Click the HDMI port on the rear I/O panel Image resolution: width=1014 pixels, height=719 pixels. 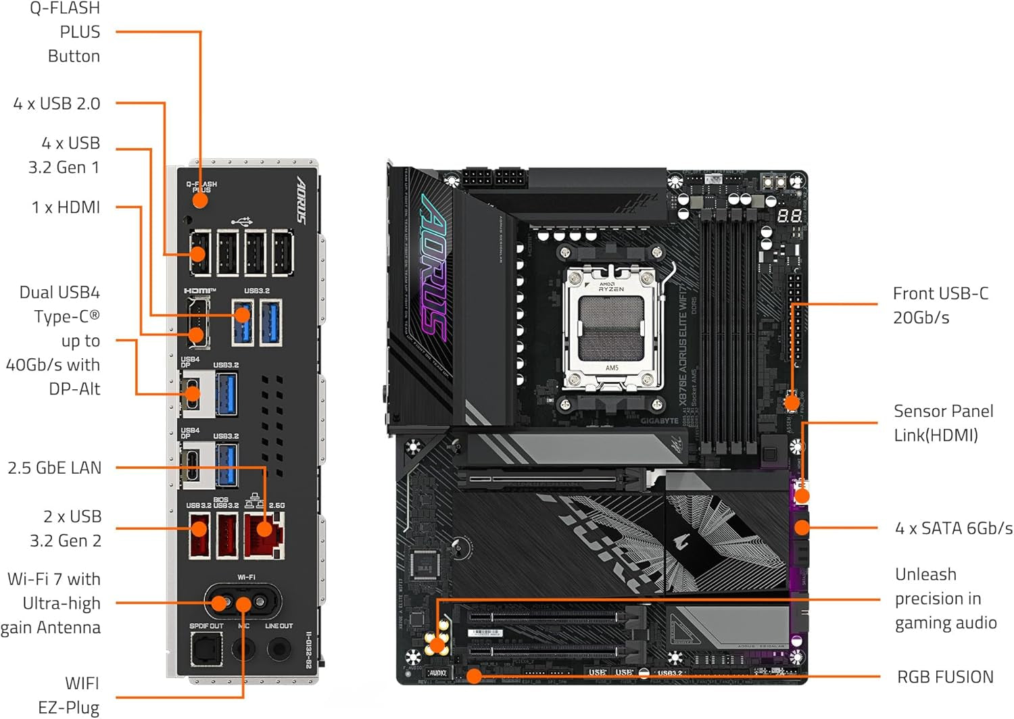pos(197,323)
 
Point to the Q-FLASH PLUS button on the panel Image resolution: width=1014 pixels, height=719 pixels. pos(200,200)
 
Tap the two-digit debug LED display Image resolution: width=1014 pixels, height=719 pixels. pos(790,216)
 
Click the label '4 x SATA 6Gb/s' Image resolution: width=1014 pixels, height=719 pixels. pos(953,528)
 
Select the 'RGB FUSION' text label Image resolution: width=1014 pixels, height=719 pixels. pos(945,677)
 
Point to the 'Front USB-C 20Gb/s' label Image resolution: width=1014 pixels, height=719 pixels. pos(940,305)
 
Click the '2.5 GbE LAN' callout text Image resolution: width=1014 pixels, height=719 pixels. pos(54,468)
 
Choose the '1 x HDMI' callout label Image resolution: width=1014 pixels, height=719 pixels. pos(66,207)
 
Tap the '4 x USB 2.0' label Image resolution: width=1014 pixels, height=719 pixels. pos(57,104)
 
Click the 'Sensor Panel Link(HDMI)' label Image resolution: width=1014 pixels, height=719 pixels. pos(943,423)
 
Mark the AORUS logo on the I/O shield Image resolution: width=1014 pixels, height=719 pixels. pos(301,200)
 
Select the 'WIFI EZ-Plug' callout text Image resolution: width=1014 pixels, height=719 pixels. pos(69,695)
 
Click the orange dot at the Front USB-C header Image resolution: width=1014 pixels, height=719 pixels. pos(792,404)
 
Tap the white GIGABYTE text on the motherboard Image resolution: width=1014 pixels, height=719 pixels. pos(660,421)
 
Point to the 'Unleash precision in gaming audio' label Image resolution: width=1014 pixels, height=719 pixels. pos(945,599)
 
